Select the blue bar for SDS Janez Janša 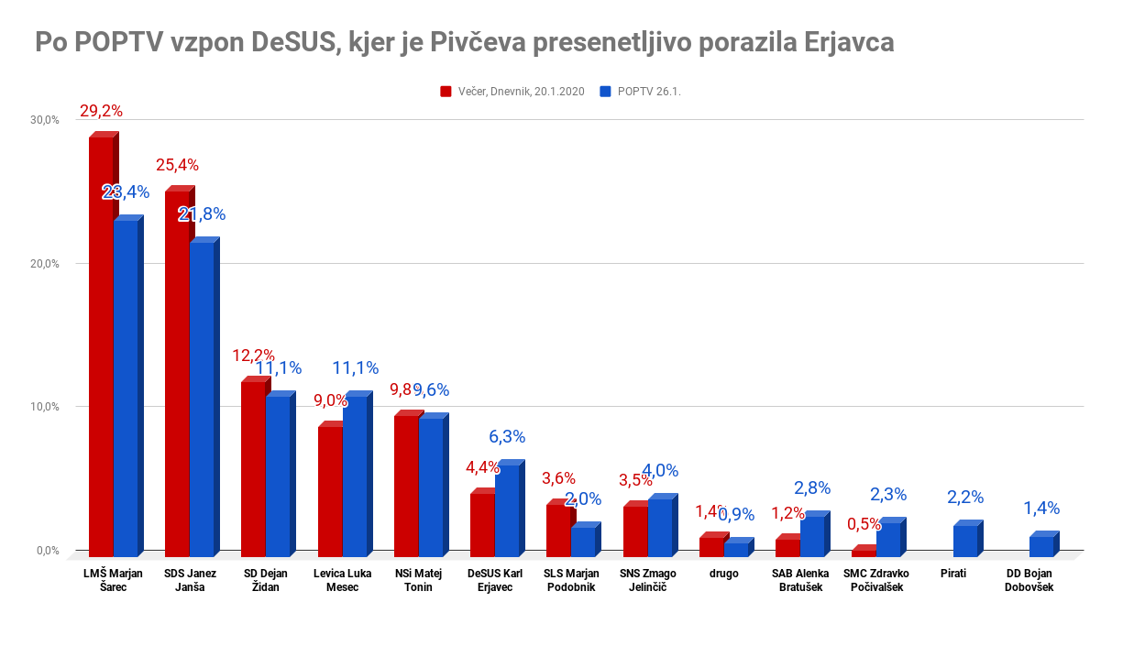202,399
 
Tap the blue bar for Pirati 965,541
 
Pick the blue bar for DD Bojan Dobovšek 1041,546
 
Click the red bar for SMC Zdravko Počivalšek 864,553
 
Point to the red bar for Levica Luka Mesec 330,491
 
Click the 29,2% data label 101,111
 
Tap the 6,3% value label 507,437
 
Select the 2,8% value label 812,488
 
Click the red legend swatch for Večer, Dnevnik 446,92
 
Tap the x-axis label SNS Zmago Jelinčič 648,580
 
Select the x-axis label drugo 723,575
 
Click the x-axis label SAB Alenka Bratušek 800,580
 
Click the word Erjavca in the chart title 848,43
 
